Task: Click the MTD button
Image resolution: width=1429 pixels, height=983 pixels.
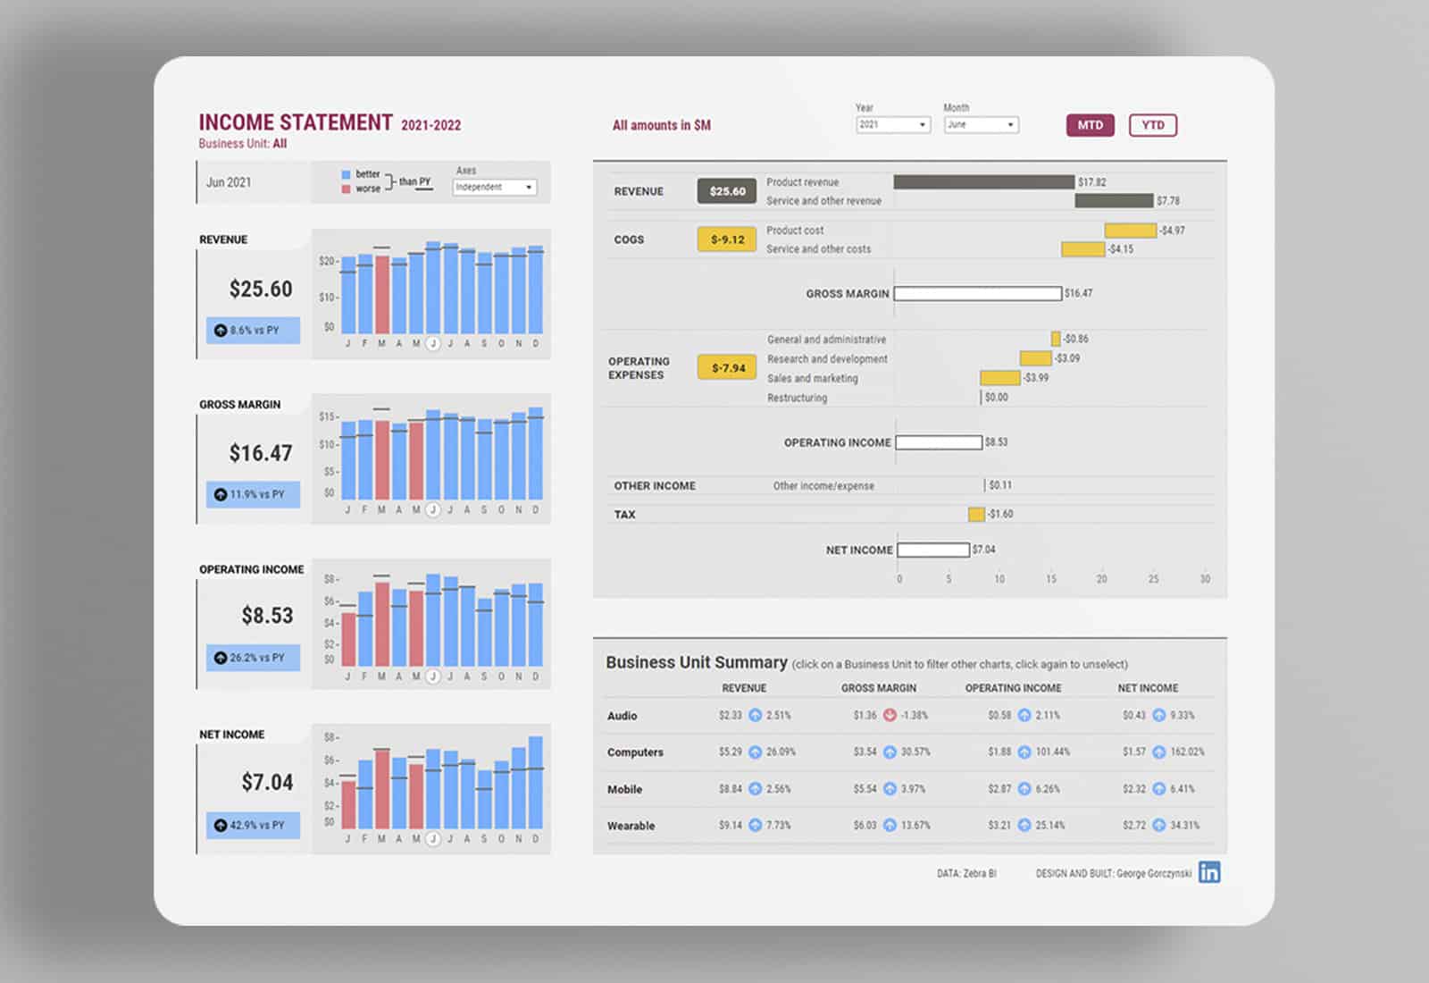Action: point(1090,125)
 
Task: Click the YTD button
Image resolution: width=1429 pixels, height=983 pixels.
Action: point(1152,125)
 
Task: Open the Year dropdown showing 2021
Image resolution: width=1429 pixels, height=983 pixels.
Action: point(893,125)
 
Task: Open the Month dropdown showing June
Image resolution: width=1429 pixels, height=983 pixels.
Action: point(981,125)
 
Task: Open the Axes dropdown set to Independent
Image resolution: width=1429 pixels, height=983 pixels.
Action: point(494,187)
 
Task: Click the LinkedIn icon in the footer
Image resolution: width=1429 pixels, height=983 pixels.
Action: point(1209,872)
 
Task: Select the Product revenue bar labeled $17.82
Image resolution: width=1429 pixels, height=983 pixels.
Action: point(983,182)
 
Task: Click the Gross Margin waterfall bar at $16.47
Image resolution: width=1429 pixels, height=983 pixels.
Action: point(977,293)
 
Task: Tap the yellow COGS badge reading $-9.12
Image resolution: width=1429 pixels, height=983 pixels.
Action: point(727,239)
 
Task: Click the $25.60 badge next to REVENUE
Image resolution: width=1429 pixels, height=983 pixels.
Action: point(727,191)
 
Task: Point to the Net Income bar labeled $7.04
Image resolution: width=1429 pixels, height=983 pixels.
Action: point(933,550)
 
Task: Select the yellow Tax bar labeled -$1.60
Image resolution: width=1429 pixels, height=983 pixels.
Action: point(976,514)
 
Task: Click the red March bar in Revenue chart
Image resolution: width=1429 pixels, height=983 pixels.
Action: point(382,295)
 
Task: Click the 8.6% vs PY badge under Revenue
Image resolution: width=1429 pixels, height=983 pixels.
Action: point(253,330)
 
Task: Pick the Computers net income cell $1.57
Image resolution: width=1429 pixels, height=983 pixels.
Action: point(1133,752)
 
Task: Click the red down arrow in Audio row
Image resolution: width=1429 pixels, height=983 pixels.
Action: point(890,715)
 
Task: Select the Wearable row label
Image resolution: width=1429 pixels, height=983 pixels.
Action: point(631,826)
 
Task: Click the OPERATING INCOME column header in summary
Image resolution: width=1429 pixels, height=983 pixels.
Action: point(1013,688)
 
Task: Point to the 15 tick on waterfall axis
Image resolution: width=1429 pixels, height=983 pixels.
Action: point(1050,579)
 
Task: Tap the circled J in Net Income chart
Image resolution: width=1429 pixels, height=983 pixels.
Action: point(432,839)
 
